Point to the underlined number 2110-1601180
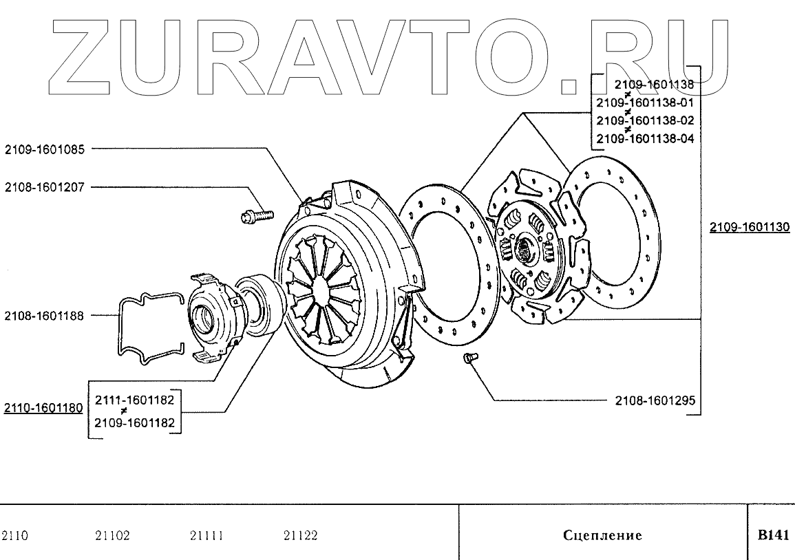pos(43,408)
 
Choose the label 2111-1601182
pos(134,400)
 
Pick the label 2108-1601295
pos(655,400)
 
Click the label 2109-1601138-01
pos(645,103)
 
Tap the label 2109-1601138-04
pos(645,138)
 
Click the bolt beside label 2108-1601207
pos(257,216)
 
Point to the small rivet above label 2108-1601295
pos(470,358)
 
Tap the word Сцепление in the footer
pos(602,535)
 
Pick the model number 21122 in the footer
pos(301,535)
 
